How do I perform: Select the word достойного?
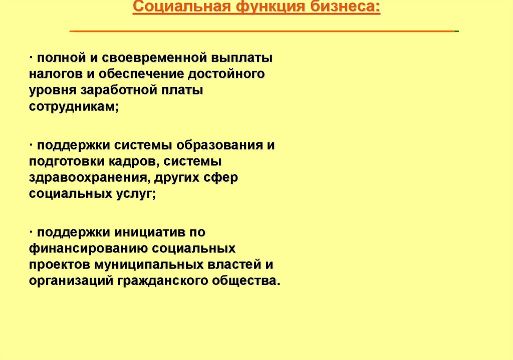pyautogui.click(x=226, y=75)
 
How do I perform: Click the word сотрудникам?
pyautogui.click(x=73, y=108)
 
